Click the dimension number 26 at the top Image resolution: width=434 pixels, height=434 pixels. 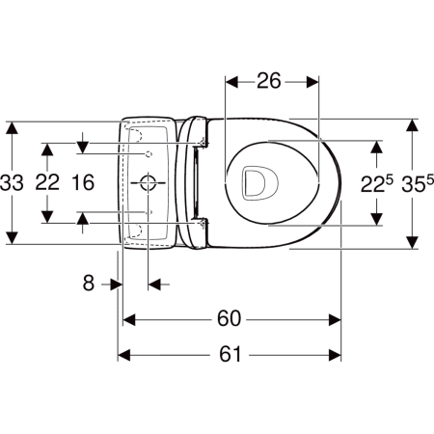pyautogui.click(x=268, y=81)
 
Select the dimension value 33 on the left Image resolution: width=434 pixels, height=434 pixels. pyautogui.click(x=12, y=182)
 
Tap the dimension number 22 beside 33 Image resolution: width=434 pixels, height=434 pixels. pyautogui.click(x=47, y=182)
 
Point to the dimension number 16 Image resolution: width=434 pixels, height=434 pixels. pyautogui.click(x=83, y=182)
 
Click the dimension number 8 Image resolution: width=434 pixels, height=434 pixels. pyautogui.click(x=89, y=283)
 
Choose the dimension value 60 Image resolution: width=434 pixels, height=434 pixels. pyautogui.click(x=229, y=318)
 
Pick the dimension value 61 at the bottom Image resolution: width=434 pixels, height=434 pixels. pyautogui.click(x=230, y=354)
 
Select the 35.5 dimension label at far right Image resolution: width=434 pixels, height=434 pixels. pyautogui.click(x=418, y=183)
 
